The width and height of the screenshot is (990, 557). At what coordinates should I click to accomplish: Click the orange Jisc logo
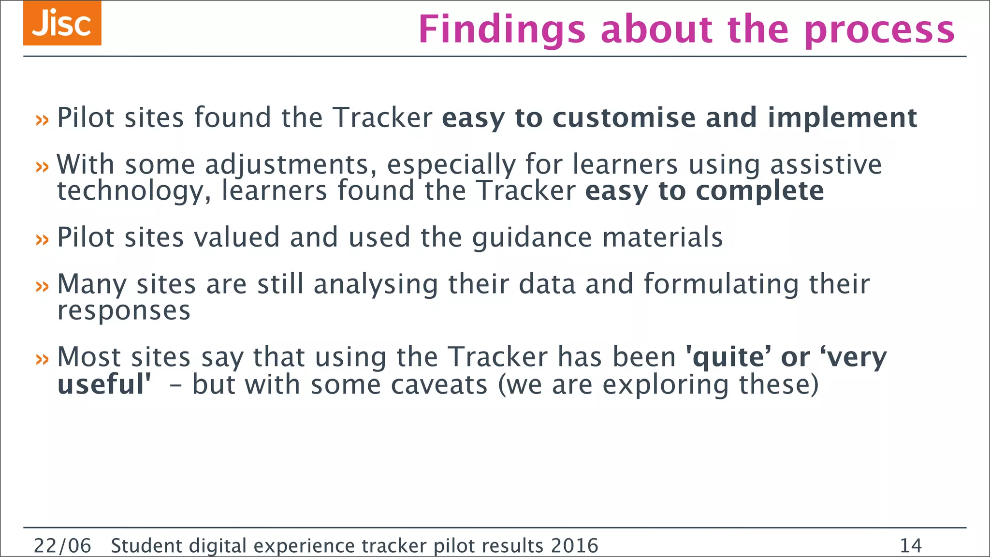tap(62, 23)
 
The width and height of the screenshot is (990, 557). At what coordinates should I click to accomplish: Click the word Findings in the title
tap(502, 30)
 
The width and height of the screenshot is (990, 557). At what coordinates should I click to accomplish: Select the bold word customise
tap(624, 118)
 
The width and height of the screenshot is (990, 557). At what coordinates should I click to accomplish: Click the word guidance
tap(532, 238)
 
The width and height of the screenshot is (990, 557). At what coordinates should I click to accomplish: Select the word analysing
tap(376, 285)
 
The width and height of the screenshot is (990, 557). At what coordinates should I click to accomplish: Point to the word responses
tap(124, 311)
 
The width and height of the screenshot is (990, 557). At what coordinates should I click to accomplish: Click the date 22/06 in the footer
tap(62, 546)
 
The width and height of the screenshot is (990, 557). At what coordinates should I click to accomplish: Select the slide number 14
tap(911, 546)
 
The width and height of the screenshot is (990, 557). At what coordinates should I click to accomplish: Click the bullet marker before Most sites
tap(43, 359)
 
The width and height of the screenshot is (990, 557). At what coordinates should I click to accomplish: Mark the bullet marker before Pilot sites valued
tap(43, 239)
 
